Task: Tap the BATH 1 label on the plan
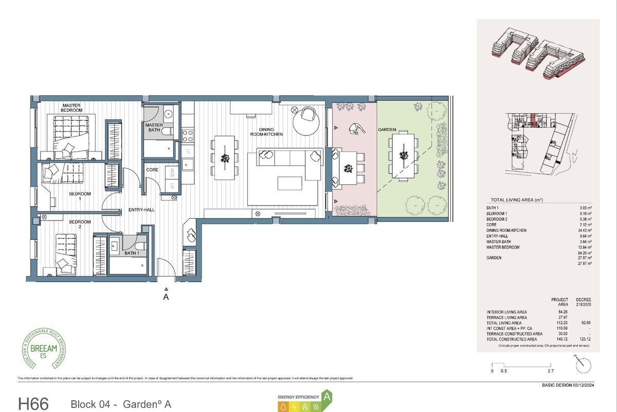point(132,253)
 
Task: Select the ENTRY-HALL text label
point(141,210)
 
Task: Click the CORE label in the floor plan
point(152,169)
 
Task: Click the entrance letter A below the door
point(166,297)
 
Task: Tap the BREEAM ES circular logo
point(44,351)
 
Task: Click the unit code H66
point(33,403)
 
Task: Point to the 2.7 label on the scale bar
point(551,371)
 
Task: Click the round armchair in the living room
point(308,115)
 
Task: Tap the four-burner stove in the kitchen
point(188,135)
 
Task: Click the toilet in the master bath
point(169,132)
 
